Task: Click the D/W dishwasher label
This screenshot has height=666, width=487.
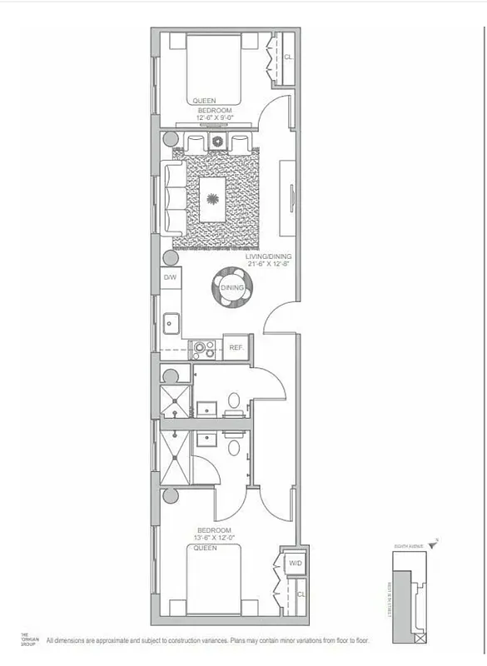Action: (169, 276)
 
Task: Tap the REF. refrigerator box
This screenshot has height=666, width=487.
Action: (235, 348)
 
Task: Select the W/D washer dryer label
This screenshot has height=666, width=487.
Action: (295, 564)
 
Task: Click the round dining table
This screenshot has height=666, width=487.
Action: (231, 288)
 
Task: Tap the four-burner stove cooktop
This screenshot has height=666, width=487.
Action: (203, 348)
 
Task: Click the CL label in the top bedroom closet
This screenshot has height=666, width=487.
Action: (288, 58)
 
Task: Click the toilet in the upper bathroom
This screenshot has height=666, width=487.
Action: (235, 400)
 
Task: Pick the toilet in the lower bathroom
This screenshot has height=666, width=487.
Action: (235, 447)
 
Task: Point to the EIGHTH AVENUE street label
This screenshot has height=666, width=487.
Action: (410, 545)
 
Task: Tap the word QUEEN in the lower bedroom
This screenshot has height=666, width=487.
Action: (204, 548)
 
